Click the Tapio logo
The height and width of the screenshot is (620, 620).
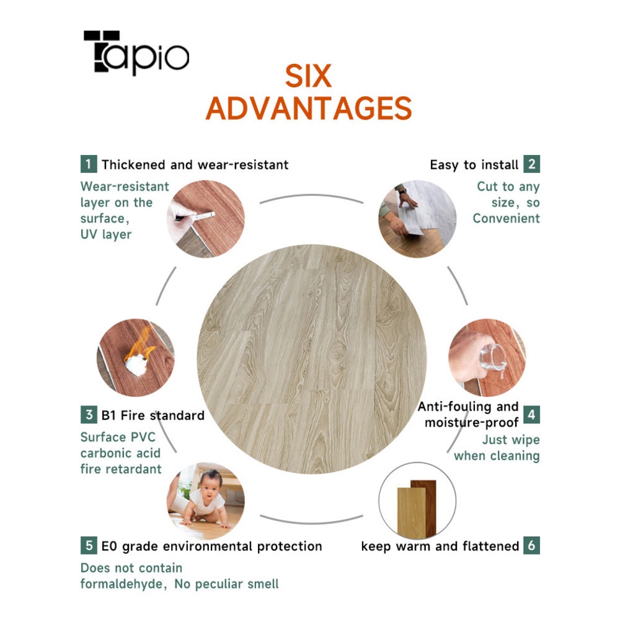coord(136,53)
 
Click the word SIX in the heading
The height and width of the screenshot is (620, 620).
coord(308,76)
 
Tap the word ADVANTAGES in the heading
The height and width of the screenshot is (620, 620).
coord(309,108)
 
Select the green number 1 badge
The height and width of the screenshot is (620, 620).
coord(89,164)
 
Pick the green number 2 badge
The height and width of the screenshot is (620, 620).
coord(531,164)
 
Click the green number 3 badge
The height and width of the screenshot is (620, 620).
coord(89,414)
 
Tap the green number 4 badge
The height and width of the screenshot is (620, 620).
coord(531,414)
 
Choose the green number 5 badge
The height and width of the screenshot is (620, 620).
coord(89,545)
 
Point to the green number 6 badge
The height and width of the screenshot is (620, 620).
coord(531,545)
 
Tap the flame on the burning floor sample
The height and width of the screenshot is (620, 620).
coord(141,343)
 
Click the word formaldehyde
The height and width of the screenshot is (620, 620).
coord(123,584)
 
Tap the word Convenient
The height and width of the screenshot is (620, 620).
coord(506,218)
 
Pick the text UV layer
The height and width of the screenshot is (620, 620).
coord(106,234)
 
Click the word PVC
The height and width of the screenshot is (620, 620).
coord(143,437)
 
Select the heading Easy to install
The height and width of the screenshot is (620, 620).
coord(474,164)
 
